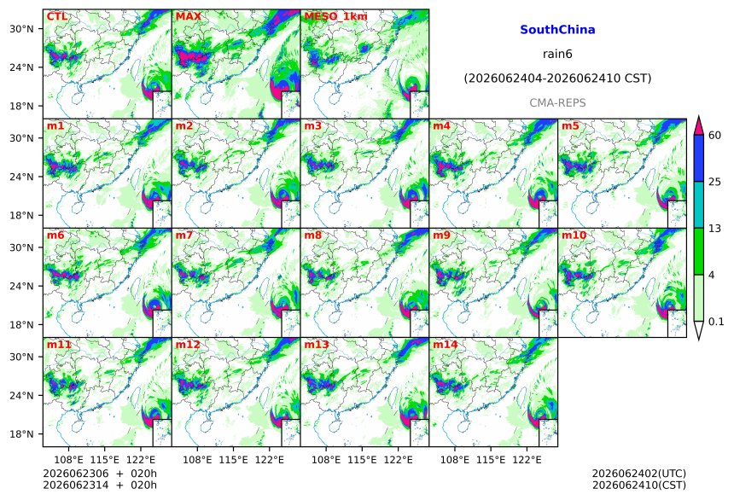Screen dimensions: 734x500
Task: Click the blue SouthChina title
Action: (x=557, y=30)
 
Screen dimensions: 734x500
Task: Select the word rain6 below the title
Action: (x=557, y=54)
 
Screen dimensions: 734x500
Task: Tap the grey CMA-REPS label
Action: (x=557, y=102)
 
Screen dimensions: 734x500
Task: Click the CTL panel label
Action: (x=57, y=16)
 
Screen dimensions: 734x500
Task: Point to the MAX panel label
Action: (x=188, y=16)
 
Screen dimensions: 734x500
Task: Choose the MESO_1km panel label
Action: (x=335, y=16)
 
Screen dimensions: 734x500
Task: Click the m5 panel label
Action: (x=570, y=126)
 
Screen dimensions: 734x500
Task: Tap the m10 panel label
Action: (x=574, y=235)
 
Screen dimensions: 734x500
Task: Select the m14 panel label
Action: (x=446, y=345)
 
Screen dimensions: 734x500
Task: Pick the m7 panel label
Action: (x=184, y=235)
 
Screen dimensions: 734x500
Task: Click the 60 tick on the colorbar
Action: (x=714, y=136)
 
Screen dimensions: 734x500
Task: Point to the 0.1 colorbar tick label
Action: (x=716, y=321)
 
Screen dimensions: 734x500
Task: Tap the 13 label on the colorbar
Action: (x=714, y=228)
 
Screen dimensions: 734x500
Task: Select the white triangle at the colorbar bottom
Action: (x=698, y=330)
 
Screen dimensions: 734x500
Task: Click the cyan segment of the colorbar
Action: (x=698, y=205)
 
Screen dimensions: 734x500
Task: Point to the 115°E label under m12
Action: (x=233, y=460)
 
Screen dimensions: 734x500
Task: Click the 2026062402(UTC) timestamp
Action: (x=639, y=474)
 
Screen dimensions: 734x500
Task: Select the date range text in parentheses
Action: (x=557, y=78)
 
